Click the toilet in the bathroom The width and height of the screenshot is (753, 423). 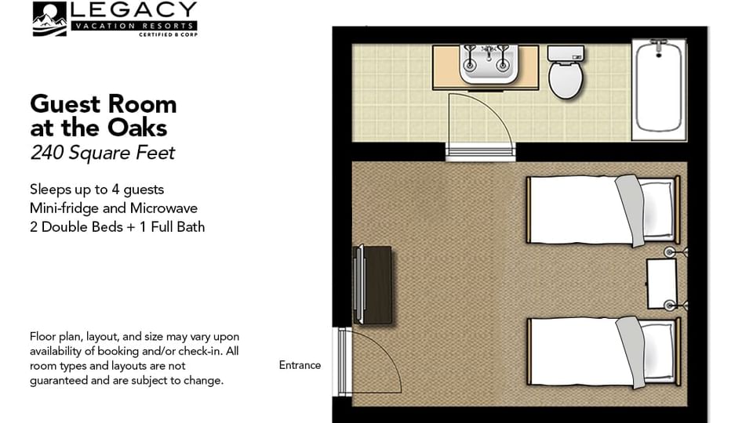click(564, 79)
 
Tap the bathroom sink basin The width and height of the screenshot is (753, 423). click(486, 67)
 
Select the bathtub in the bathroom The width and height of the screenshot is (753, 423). click(659, 88)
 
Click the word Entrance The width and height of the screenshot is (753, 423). click(300, 365)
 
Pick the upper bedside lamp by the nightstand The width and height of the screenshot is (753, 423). click(671, 252)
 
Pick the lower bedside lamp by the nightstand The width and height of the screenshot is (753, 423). click(671, 305)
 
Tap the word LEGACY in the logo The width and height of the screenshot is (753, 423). click(133, 10)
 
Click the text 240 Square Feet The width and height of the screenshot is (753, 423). click(102, 153)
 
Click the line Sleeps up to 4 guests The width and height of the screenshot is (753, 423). click(96, 190)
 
